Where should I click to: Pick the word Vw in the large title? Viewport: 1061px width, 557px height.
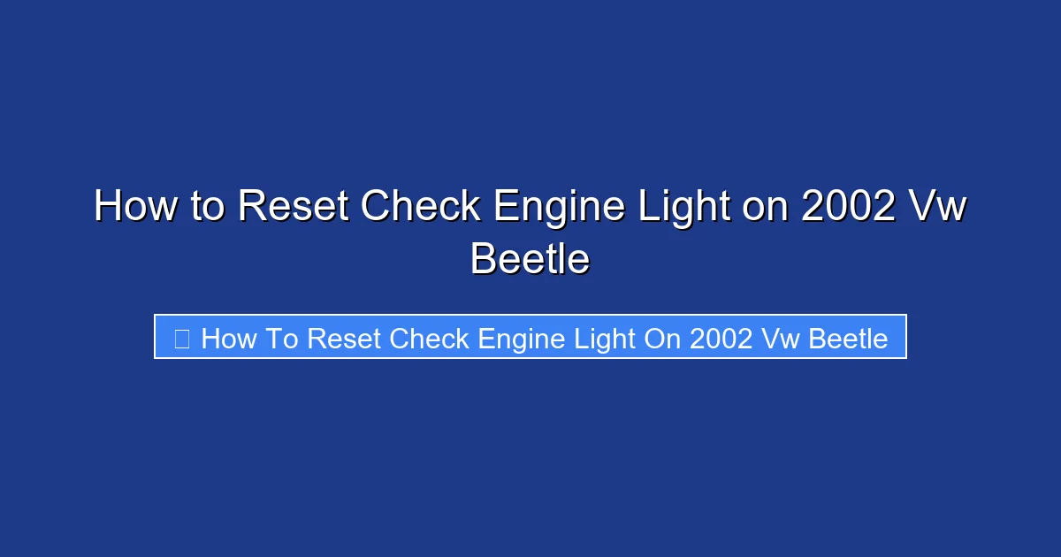click(x=941, y=208)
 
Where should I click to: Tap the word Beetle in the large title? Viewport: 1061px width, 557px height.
click(x=530, y=259)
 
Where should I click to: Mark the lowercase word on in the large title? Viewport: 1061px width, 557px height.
click(x=764, y=208)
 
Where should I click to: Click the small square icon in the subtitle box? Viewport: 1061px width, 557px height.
click(x=181, y=338)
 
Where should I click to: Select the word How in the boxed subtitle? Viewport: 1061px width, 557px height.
click(x=229, y=338)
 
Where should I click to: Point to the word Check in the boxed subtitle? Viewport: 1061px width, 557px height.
click(x=430, y=338)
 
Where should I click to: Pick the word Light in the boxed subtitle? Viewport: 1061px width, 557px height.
click(x=606, y=338)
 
